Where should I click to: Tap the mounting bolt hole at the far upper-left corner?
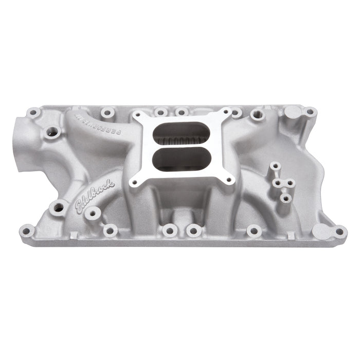(x=33, y=112)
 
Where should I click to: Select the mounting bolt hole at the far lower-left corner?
(x=26, y=230)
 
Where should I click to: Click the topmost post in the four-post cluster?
(x=276, y=166)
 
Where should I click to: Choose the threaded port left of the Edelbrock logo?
(x=59, y=207)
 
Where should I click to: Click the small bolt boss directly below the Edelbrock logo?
(x=92, y=214)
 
